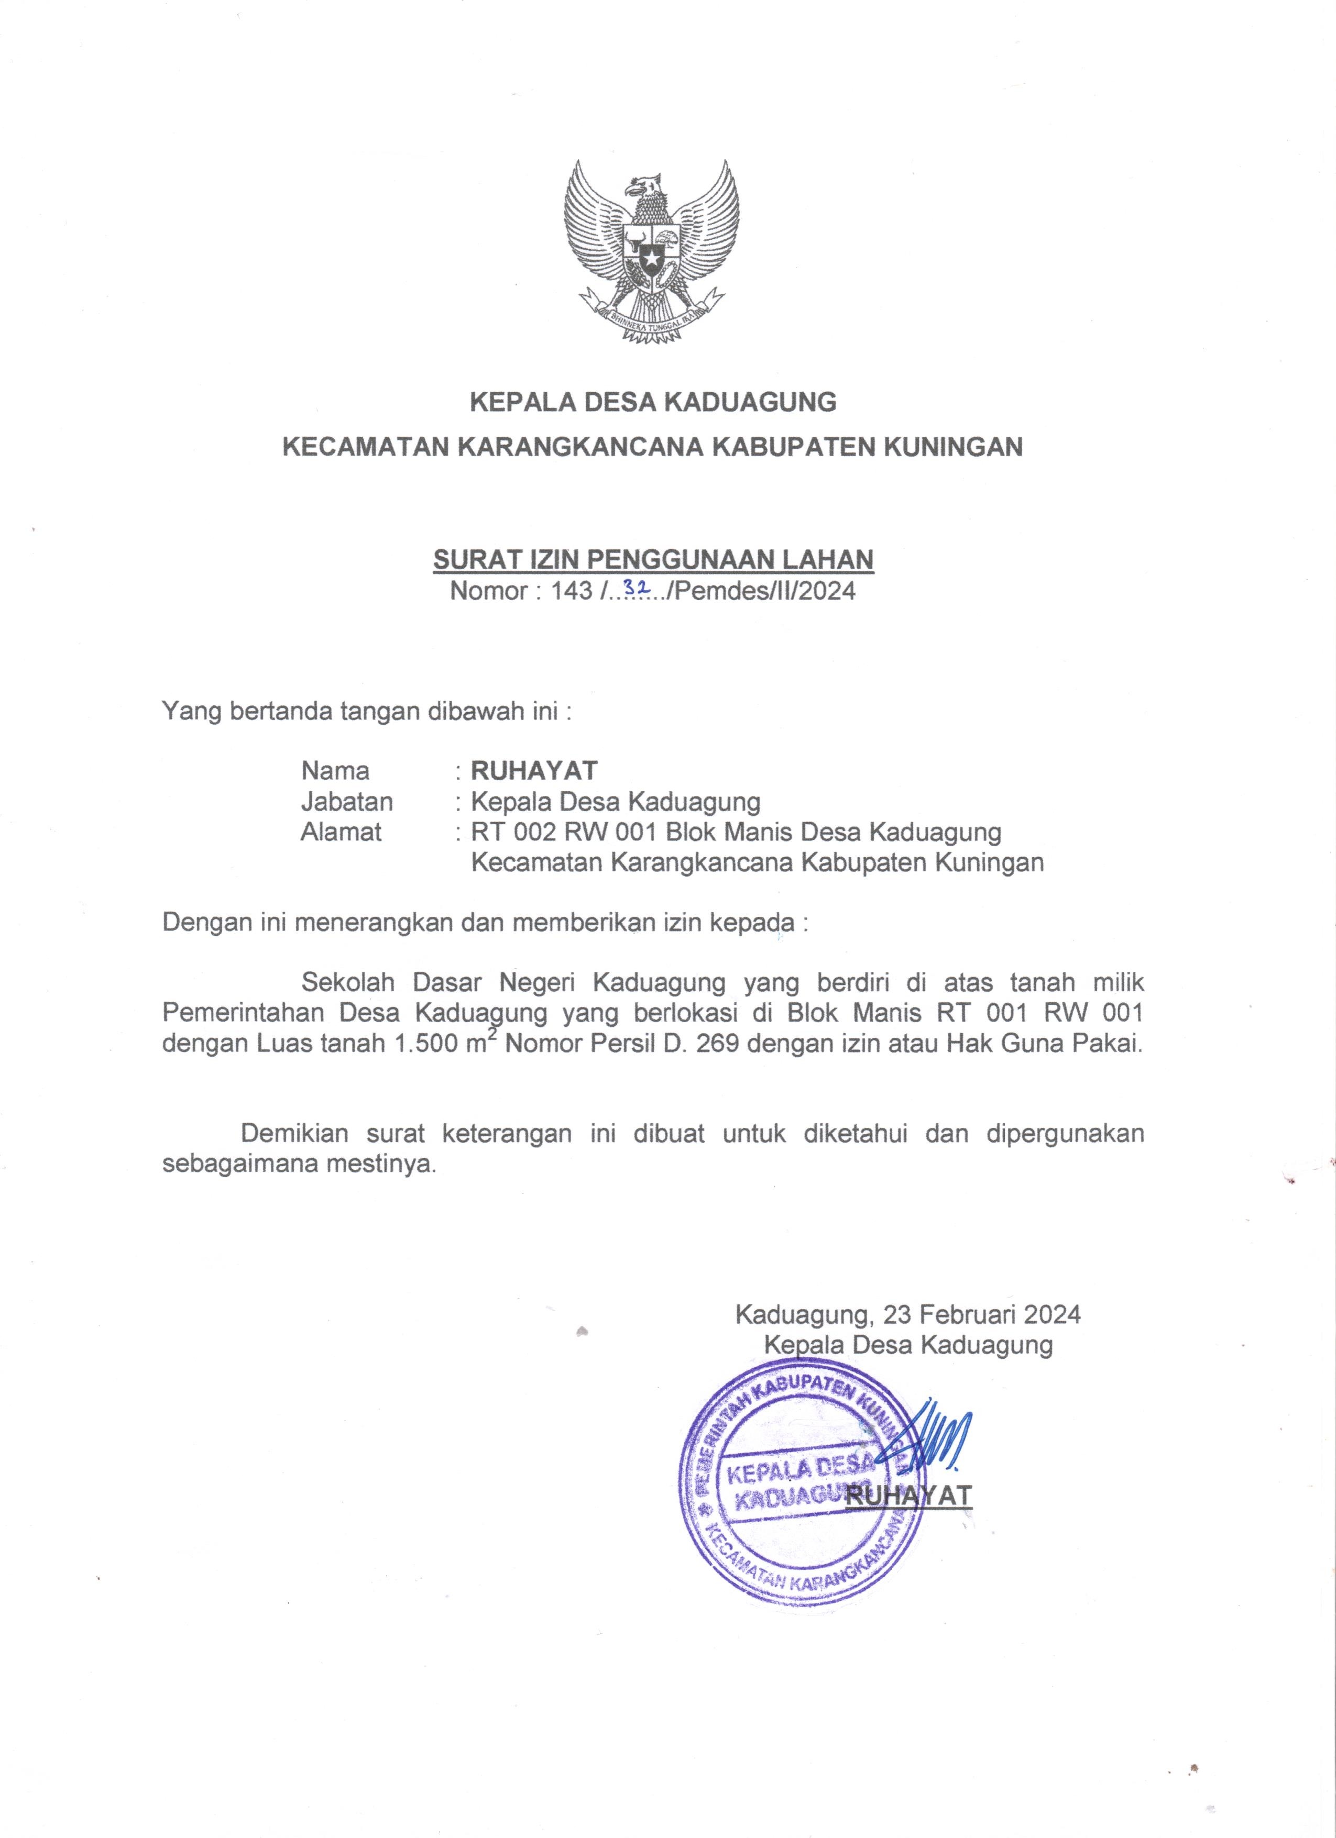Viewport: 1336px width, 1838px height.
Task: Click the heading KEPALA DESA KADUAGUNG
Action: point(653,402)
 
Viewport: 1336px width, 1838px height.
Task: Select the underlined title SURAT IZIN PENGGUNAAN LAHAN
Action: point(653,559)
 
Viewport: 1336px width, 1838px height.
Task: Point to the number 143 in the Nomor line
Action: point(572,591)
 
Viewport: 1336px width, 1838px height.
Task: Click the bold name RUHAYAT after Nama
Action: point(534,770)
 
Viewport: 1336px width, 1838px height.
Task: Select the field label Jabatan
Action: point(347,802)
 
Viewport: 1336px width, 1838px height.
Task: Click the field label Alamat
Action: point(341,832)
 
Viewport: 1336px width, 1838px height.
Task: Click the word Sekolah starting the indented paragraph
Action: point(348,983)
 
